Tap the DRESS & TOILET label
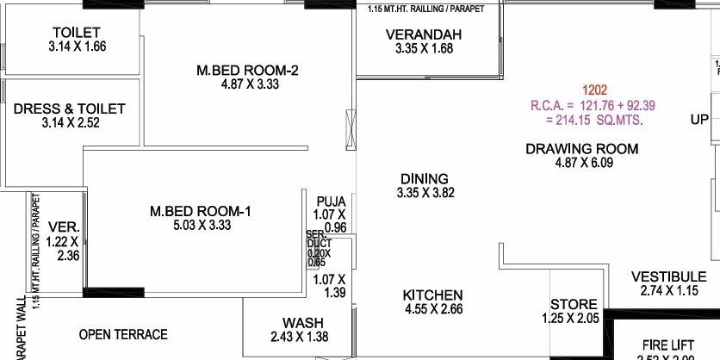[x=70, y=109]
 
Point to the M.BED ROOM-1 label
[x=201, y=211]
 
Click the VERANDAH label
[x=424, y=34]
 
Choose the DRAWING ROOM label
[x=582, y=149]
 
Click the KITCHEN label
[x=433, y=295]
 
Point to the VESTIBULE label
[x=669, y=276]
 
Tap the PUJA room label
[x=331, y=202]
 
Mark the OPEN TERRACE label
[x=123, y=334]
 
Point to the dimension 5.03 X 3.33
[x=202, y=225]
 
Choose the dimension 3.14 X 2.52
[x=70, y=123]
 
